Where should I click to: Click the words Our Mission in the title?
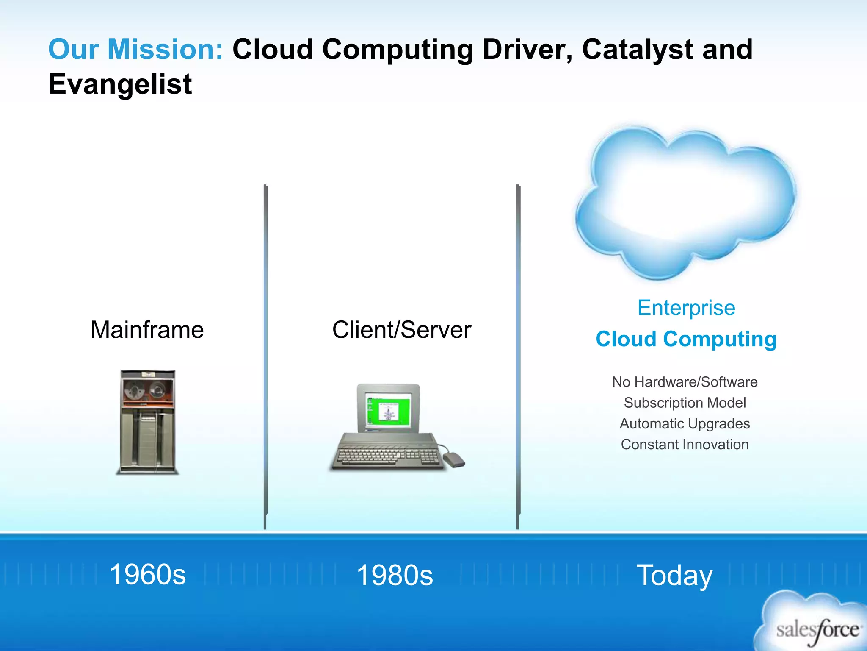click(135, 50)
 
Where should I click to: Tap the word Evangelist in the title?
click(120, 84)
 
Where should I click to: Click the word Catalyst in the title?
click(637, 50)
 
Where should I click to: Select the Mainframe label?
click(147, 330)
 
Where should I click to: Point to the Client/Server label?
click(401, 330)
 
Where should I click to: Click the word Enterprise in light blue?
click(686, 308)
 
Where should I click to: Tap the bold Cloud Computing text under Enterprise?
click(686, 339)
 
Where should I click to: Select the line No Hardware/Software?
click(685, 382)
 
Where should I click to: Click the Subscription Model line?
click(685, 403)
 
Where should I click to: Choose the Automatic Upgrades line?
click(685, 423)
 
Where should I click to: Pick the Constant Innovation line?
click(685, 444)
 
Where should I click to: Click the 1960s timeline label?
click(147, 575)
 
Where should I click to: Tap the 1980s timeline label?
click(395, 575)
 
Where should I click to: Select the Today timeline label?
click(674, 575)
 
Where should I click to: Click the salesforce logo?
click(817, 630)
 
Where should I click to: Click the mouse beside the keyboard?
click(454, 459)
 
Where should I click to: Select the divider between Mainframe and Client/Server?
click(265, 356)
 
